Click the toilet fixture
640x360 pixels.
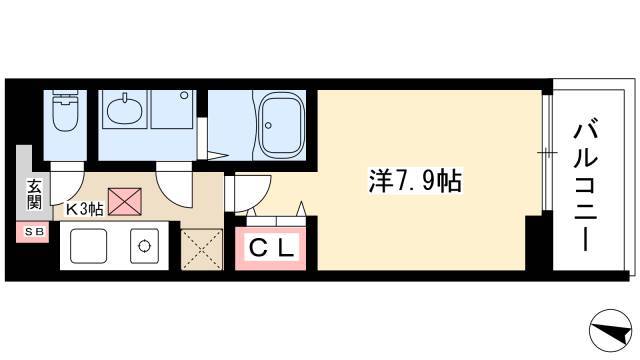(x=65, y=110)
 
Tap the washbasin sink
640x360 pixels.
(x=125, y=109)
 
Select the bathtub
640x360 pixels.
(x=282, y=125)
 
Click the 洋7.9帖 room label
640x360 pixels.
(x=415, y=181)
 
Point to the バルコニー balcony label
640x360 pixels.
(x=585, y=184)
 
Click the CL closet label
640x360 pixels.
(x=271, y=247)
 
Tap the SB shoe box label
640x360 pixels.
(x=33, y=231)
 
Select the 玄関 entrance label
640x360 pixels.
(x=34, y=194)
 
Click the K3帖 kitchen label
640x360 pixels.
(x=84, y=209)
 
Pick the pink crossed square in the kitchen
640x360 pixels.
(x=125, y=202)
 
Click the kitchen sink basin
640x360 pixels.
(x=89, y=246)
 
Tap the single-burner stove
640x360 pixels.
(x=144, y=246)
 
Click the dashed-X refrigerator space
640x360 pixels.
(x=202, y=249)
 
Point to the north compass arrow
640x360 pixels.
(x=611, y=330)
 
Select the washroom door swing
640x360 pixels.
(x=174, y=184)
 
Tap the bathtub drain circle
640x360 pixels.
(x=268, y=125)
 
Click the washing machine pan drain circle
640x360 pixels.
(x=184, y=96)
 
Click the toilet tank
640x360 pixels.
(x=65, y=93)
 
